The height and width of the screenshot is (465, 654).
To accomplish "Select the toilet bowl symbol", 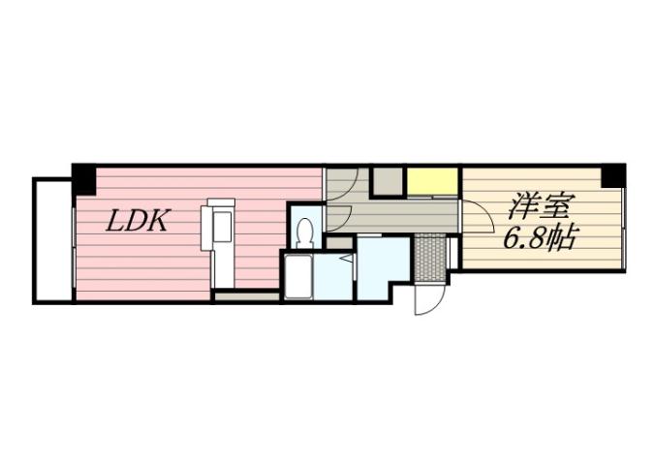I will pyautogui.click(x=305, y=232).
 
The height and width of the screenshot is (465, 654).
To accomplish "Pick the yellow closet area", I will pyautogui.click(x=432, y=180).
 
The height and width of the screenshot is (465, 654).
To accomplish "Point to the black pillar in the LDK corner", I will pyautogui.click(x=84, y=177).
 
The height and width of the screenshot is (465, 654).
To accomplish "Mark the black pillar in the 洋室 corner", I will pyautogui.click(x=612, y=176).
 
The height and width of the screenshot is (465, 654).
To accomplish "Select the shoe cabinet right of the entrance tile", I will pyautogui.click(x=452, y=254).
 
